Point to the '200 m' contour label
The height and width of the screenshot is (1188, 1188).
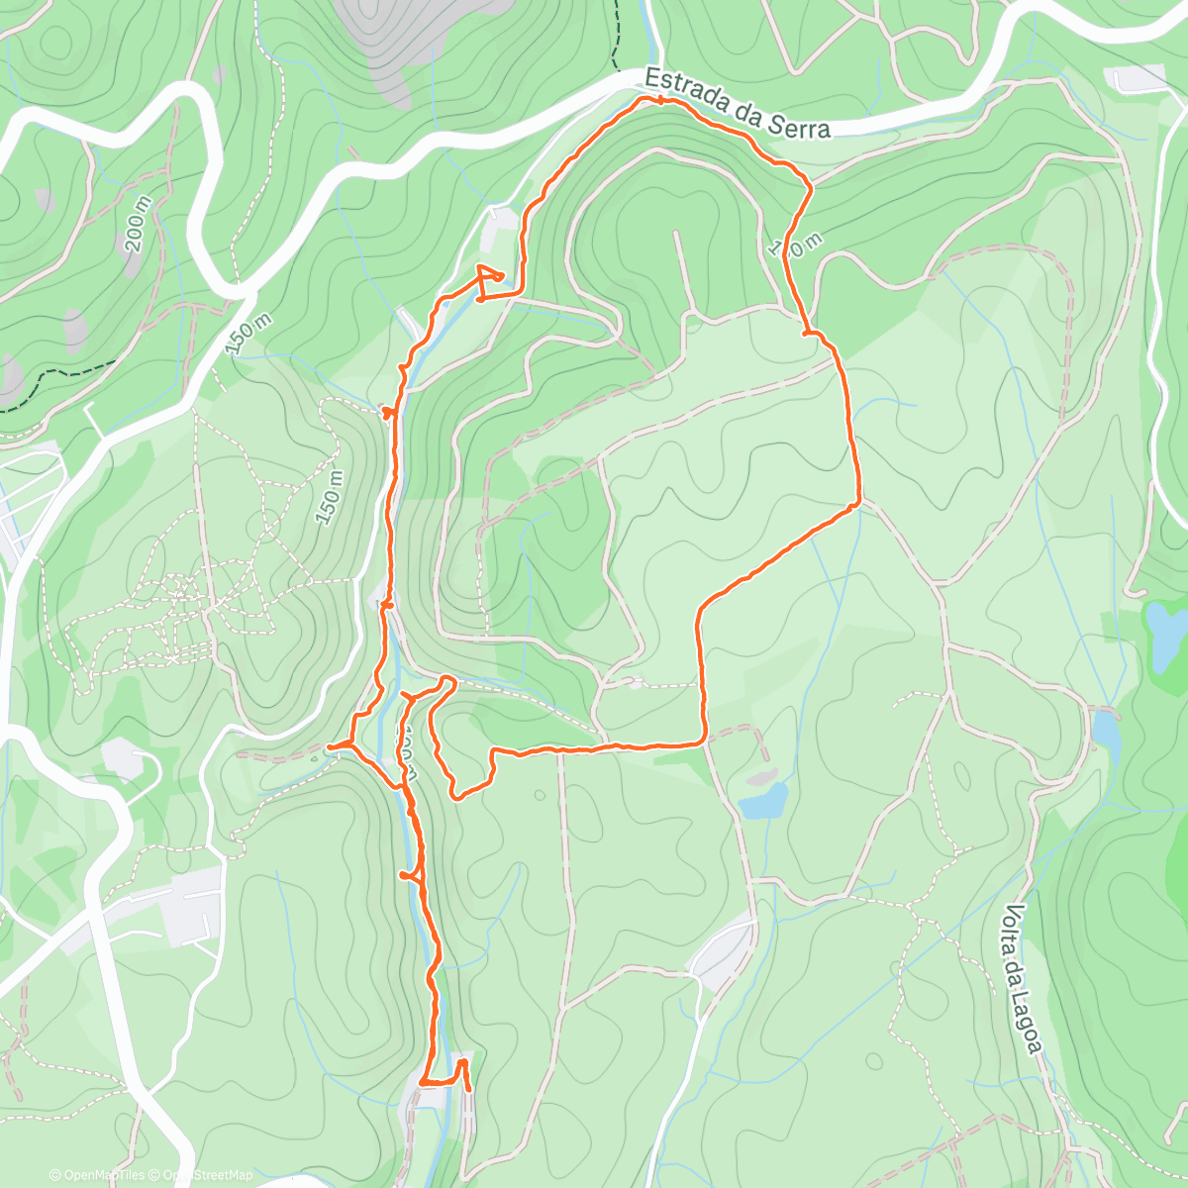[x=139, y=223]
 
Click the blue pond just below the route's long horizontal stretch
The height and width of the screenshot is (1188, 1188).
[x=763, y=800]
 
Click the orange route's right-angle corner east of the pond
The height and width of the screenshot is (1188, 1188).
[x=703, y=740]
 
